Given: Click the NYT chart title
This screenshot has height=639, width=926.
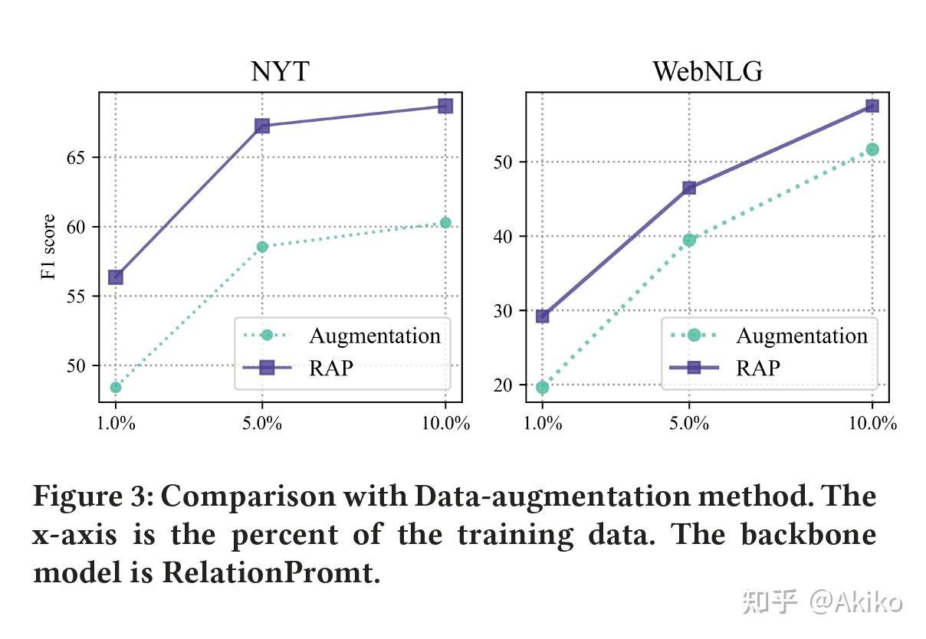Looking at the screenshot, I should [x=280, y=71].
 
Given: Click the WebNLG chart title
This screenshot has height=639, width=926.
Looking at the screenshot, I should [x=707, y=71].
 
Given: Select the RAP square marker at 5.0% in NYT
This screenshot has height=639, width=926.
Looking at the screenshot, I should [x=262, y=126].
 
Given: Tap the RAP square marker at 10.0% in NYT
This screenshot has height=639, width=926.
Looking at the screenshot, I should [x=445, y=106].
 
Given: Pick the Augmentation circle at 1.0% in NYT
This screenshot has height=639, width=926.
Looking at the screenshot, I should [x=116, y=387].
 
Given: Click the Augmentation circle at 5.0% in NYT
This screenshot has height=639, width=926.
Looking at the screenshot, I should [x=262, y=246].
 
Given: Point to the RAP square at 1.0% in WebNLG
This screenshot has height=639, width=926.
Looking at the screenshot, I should [x=543, y=315].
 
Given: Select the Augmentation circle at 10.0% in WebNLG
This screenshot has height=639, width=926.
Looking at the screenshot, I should [x=872, y=149].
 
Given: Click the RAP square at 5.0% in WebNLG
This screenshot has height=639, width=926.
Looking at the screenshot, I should [x=689, y=187].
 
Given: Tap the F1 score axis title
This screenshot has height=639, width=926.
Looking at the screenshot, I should [x=49, y=247].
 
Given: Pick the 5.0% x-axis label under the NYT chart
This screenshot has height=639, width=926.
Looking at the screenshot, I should [x=262, y=424].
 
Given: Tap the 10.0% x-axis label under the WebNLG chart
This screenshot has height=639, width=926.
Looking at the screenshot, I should [x=872, y=424].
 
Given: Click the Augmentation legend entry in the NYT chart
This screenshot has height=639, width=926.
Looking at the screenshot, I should [x=374, y=336].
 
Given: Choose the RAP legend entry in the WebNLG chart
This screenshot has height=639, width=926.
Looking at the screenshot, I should [x=757, y=368].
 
